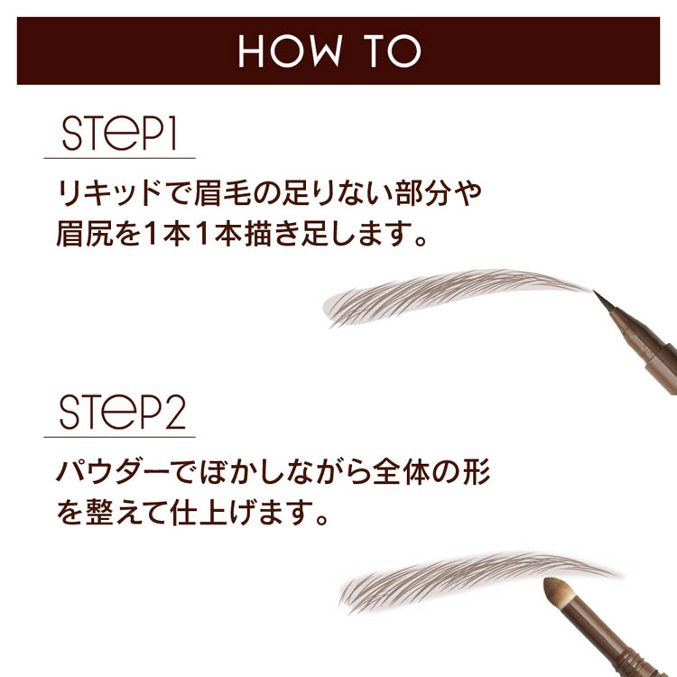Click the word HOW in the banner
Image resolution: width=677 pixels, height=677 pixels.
click(x=290, y=51)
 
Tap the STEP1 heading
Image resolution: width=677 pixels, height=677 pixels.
click(x=119, y=134)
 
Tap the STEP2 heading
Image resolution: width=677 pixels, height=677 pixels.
click(x=123, y=412)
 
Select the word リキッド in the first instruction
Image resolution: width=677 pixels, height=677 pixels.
click(x=110, y=193)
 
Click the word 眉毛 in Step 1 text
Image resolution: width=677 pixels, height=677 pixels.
click(x=223, y=193)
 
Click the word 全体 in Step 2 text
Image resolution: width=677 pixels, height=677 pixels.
click(x=401, y=472)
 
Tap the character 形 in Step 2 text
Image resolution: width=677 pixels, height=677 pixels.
click(x=477, y=472)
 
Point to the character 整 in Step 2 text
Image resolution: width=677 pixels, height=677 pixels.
click(x=99, y=513)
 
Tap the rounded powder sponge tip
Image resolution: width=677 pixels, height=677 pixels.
click(x=556, y=590)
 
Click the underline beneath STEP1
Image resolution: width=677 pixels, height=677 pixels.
click(x=119, y=158)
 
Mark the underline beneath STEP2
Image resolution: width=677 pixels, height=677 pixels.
click(x=119, y=437)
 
